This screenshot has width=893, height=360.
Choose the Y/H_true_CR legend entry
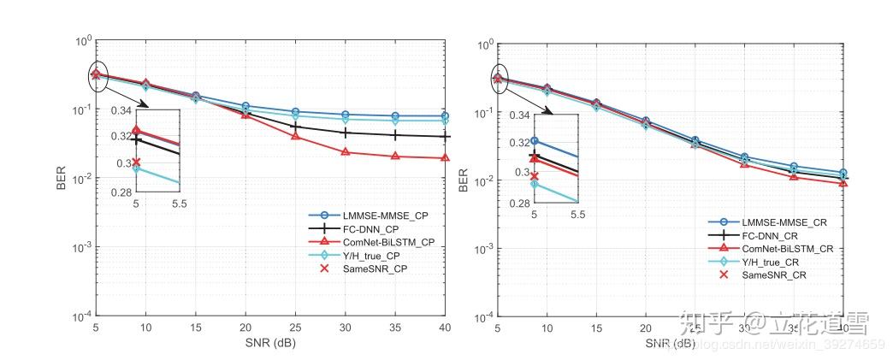point(780,261)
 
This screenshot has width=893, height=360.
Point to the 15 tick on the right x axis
point(595,328)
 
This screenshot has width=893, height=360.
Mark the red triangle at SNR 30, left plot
point(346,152)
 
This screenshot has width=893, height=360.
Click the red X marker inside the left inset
point(136,162)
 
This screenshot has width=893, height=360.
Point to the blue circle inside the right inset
point(535,141)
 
